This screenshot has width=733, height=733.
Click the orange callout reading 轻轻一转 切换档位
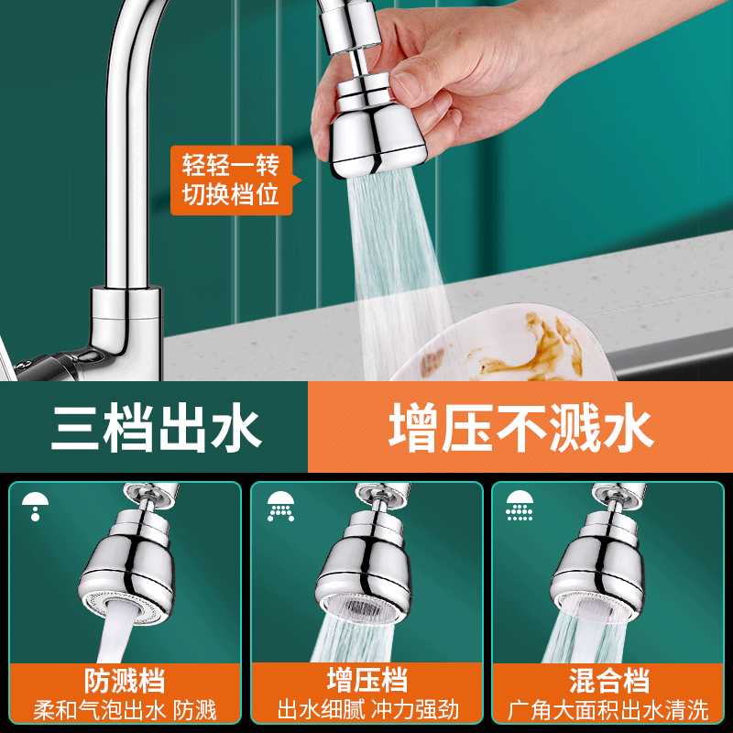point(230,181)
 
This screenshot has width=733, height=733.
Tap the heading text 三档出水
point(156,427)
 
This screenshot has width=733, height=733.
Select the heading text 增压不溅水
point(520,427)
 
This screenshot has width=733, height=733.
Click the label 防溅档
point(125,681)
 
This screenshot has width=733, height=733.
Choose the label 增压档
point(366,681)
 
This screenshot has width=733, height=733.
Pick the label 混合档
point(608,681)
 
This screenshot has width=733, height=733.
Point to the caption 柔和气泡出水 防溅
point(125,710)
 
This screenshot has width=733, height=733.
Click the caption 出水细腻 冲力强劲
point(366,710)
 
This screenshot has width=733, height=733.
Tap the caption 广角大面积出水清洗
point(608,710)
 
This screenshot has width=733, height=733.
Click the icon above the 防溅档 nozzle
point(35,505)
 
